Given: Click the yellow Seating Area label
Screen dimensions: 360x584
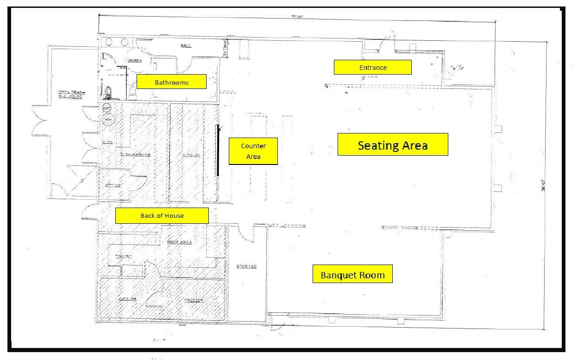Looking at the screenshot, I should (392, 145).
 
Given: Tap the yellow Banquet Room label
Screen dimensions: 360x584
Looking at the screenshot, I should (352, 274).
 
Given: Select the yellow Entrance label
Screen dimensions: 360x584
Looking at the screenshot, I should (373, 67).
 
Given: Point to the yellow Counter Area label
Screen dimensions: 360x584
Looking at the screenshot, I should (253, 151).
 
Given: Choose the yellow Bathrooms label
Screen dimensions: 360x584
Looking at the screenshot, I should (171, 82).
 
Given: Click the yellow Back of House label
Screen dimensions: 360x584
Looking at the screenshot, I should (162, 215).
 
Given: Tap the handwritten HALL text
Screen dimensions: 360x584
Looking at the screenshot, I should (186, 45).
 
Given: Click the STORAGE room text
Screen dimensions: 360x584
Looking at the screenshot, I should (246, 266).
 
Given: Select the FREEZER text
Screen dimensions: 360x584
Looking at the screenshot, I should (193, 300).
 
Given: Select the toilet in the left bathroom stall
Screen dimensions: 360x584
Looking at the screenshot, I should (108, 93).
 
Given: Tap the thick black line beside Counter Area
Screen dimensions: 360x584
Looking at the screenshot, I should (218, 151).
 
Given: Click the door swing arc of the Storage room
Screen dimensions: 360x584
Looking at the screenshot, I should (249, 234).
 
